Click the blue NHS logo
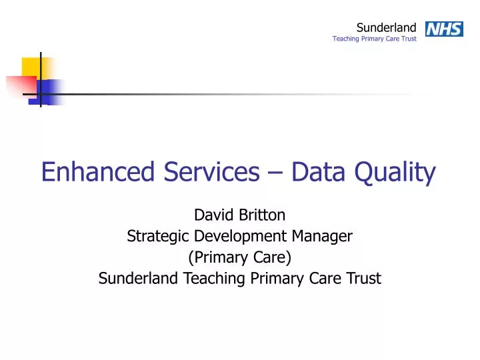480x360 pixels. click(x=443, y=29)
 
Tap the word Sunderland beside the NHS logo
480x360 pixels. click(x=386, y=27)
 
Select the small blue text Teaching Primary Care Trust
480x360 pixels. click(x=374, y=39)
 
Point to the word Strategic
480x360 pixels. click(x=158, y=236)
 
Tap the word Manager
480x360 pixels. click(x=327, y=236)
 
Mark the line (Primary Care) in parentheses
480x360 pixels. click(x=240, y=257)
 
